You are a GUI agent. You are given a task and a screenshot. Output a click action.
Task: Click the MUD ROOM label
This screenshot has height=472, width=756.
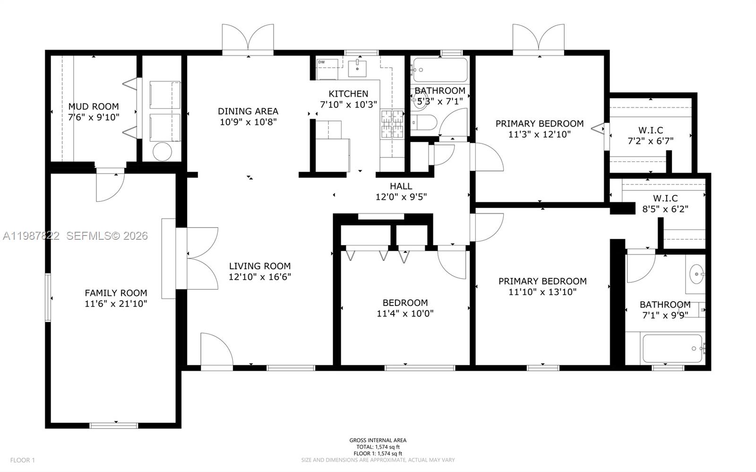(94, 106)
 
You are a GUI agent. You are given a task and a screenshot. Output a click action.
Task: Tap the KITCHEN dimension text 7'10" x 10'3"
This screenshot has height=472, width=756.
(348, 105)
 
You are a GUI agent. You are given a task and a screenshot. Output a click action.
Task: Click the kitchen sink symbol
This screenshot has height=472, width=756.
(358, 68)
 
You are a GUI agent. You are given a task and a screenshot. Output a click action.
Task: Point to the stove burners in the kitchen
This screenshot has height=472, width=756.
(392, 124)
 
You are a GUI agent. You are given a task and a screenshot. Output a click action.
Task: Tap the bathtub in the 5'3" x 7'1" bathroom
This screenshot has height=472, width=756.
(439, 70)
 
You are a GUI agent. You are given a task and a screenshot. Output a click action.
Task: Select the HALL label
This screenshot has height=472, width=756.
(401, 186)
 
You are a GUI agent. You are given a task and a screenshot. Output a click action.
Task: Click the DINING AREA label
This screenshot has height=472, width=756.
(248, 111)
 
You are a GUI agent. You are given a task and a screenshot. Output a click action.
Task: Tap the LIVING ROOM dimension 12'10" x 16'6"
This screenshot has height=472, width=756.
(259, 277)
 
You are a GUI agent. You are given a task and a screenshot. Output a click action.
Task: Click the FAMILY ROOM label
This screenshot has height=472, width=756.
(116, 293)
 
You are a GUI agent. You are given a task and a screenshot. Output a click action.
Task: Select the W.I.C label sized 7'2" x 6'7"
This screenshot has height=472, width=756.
(650, 130)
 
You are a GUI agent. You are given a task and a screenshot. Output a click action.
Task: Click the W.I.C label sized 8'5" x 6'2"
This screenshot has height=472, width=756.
(665, 199)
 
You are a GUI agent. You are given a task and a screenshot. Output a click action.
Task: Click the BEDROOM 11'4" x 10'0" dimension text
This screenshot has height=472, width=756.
(405, 314)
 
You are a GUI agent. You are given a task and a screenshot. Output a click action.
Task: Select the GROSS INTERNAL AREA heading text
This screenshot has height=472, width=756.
(378, 440)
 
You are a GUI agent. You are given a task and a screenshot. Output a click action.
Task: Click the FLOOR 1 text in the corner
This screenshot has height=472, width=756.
(23, 460)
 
